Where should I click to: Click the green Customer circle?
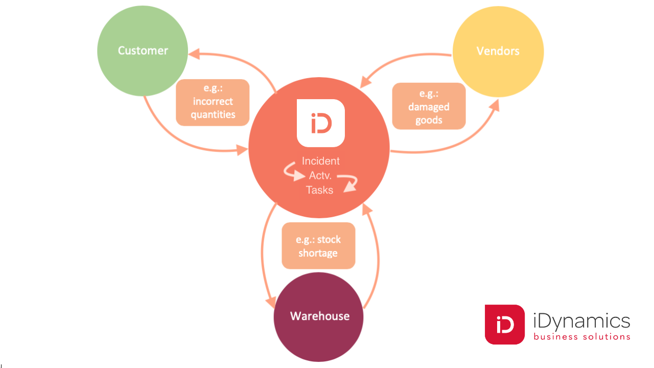(x=143, y=51)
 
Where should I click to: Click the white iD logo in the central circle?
(x=321, y=123)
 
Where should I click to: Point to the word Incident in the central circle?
(x=321, y=161)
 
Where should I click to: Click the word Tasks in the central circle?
(x=319, y=190)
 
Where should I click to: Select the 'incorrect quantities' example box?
(x=213, y=102)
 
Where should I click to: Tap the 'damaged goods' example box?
(x=429, y=106)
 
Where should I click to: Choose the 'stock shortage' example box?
(x=318, y=246)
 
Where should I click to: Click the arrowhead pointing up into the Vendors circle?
(x=494, y=104)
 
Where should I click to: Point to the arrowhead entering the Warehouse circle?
(x=270, y=302)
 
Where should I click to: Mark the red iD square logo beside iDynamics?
(x=505, y=325)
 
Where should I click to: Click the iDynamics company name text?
(x=581, y=321)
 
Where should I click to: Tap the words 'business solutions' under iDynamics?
(x=581, y=337)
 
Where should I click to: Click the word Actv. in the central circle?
(x=320, y=175)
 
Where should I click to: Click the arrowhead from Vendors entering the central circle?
(x=365, y=82)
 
